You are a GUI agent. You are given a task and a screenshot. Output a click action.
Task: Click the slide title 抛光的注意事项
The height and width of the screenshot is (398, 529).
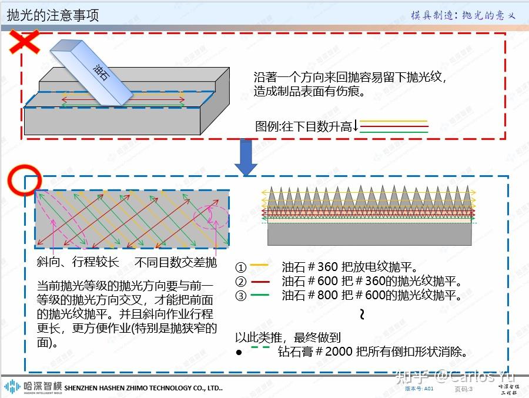(53, 15)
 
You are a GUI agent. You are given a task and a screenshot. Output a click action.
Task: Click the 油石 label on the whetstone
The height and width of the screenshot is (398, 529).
(101, 73)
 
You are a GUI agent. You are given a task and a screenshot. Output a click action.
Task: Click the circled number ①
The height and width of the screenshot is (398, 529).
(240, 266)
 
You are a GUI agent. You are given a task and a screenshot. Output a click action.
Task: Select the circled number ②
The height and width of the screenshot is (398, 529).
(240, 281)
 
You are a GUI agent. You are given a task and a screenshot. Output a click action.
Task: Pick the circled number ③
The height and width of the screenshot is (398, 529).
(240, 296)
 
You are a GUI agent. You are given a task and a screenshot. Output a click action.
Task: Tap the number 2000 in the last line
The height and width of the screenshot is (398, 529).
(337, 352)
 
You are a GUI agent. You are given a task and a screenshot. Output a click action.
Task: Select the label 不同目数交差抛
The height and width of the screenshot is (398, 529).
(176, 262)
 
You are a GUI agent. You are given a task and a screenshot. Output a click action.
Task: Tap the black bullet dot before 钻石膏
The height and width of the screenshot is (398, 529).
(239, 353)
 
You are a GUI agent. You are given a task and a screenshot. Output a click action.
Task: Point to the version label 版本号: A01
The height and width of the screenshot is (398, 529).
(420, 389)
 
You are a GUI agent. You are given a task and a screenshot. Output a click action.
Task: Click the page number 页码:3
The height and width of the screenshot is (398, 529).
(464, 389)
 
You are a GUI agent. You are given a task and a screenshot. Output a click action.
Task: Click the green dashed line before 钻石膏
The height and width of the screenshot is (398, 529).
(260, 347)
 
